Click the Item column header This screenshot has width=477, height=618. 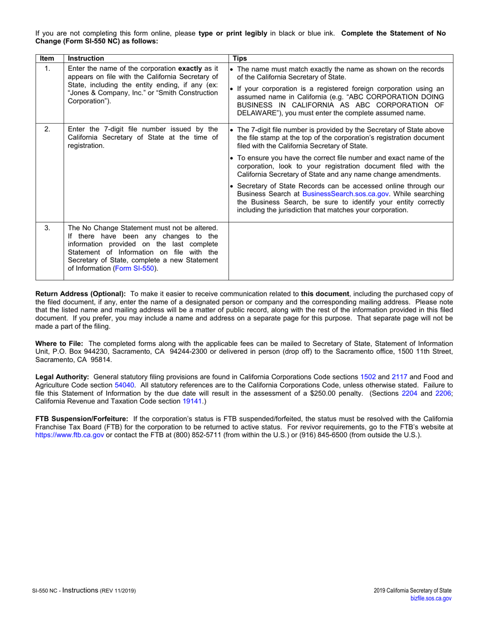tap(47, 58)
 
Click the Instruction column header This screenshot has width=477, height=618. tap(86, 58)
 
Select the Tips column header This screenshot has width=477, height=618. tap(240, 58)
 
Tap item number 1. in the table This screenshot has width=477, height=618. tap(47, 69)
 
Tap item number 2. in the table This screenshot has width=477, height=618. tap(47, 129)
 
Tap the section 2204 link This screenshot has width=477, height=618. tap(410, 393)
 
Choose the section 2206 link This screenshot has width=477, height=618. tap(443, 393)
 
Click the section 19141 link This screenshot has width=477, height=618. tap(191, 401)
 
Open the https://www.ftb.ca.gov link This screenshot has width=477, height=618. tap(69, 435)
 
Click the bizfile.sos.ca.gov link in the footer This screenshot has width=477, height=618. tap(431, 598)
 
